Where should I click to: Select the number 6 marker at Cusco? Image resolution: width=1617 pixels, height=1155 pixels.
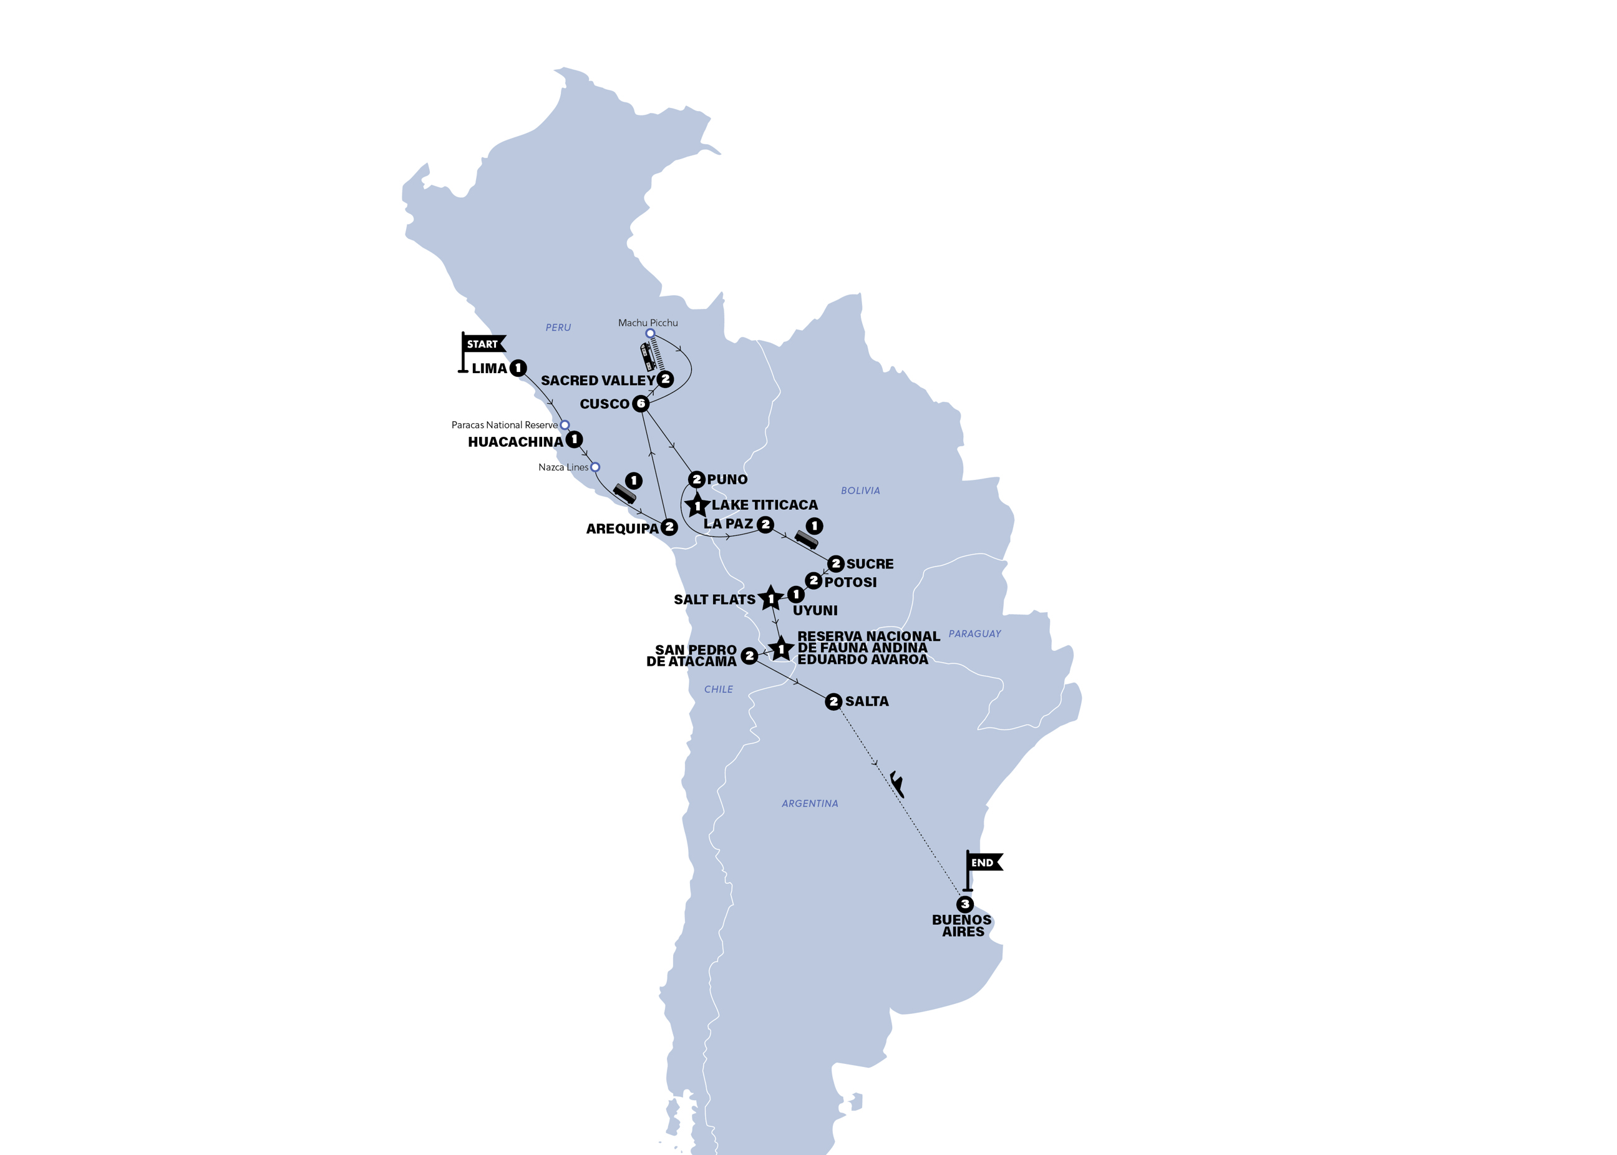point(641,404)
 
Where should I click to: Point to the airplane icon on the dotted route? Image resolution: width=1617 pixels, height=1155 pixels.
point(897,784)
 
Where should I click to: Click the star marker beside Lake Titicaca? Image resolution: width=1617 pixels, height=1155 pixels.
point(697,505)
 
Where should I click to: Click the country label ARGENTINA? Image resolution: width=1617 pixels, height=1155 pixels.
point(810,804)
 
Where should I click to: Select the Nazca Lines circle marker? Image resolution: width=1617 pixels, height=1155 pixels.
point(595,467)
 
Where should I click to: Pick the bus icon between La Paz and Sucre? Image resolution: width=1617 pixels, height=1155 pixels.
point(805,540)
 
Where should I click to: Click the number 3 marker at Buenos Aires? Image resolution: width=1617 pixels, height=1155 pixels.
point(965,905)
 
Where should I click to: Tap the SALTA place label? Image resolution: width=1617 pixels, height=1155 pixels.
point(867,702)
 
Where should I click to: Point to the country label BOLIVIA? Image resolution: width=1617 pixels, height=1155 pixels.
point(860,490)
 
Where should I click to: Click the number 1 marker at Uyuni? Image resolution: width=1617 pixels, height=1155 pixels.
point(795,594)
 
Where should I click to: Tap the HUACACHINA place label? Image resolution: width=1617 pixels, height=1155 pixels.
point(515,442)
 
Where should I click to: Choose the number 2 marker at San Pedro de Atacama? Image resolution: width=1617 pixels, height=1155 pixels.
point(749,656)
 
